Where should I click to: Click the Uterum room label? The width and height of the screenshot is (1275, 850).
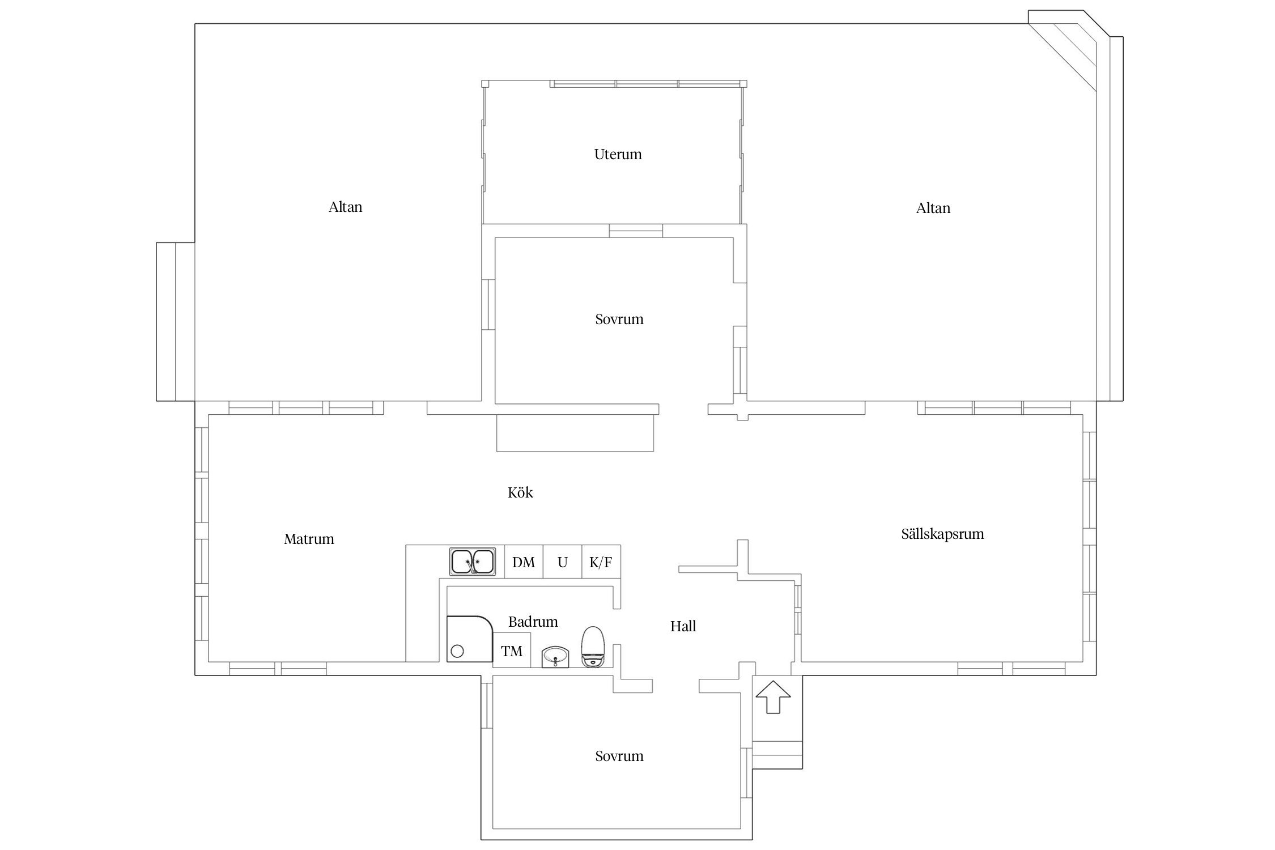pyautogui.click(x=618, y=154)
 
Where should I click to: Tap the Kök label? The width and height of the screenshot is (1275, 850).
pyautogui.click(x=520, y=492)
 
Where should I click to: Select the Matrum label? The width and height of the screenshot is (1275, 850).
pyautogui.click(x=309, y=539)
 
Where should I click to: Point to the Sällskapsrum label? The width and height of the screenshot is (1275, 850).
pyautogui.click(x=942, y=534)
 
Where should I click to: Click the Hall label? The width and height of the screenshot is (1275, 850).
pyautogui.click(x=683, y=626)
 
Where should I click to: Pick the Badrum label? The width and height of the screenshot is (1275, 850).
pyautogui.click(x=533, y=622)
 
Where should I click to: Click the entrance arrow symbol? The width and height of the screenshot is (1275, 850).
pyautogui.click(x=773, y=697)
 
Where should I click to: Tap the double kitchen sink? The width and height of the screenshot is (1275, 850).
pyautogui.click(x=472, y=562)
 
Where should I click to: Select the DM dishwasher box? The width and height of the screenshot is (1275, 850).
pyautogui.click(x=524, y=562)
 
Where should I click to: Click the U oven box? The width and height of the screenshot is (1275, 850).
pyautogui.click(x=563, y=562)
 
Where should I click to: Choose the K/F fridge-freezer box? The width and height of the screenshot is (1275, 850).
pyautogui.click(x=601, y=562)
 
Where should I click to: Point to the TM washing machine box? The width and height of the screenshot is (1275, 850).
pyautogui.click(x=512, y=650)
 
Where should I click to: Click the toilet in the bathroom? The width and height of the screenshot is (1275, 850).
pyautogui.click(x=593, y=647)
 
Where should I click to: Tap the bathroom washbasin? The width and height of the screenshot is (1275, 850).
pyautogui.click(x=555, y=657)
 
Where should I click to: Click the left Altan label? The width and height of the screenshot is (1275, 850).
pyautogui.click(x=345, y=207)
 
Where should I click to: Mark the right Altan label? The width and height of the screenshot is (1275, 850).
pyautogui.click(x=933, y=208)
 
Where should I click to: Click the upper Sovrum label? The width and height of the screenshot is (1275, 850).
pyautogui.click(x=619, y=319)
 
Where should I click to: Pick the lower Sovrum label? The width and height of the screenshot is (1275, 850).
pyautogui.click(x=619, y=756)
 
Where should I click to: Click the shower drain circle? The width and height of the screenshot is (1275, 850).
pyautogui.click(x=457, y=652)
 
